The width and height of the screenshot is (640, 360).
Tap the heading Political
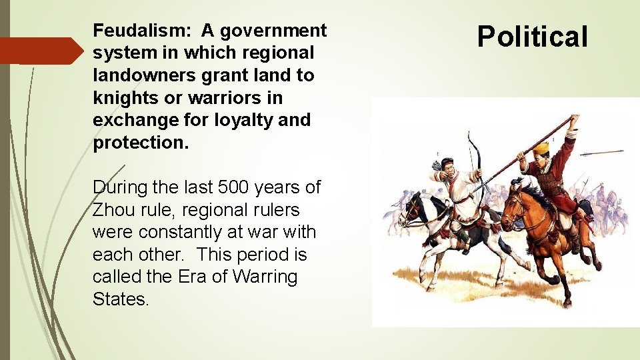coord(533,37)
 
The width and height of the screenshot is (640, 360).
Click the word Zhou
coord(113,210)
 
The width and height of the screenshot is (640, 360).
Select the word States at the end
coord(120,299)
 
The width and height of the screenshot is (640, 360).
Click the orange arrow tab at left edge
coord(40,51)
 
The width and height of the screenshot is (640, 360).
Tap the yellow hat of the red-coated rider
coord(541,148)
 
